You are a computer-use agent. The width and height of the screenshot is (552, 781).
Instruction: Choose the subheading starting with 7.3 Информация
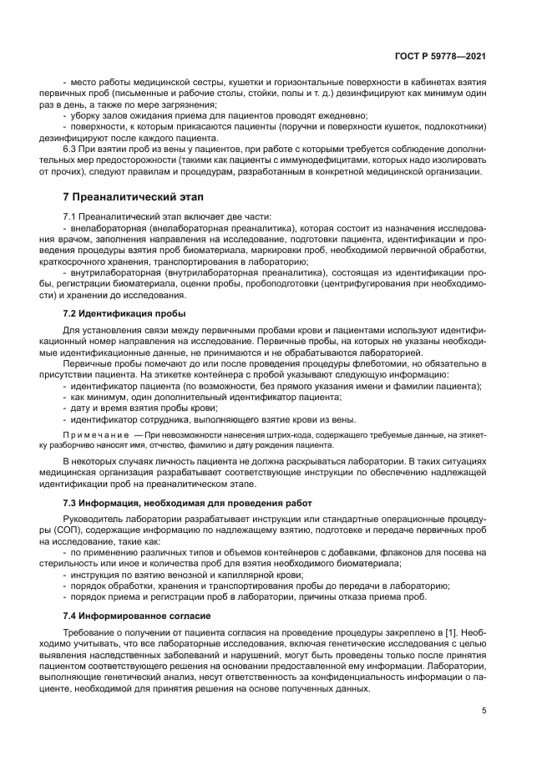pos(187,503)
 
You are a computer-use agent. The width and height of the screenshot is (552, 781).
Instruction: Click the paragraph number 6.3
pos(73,150)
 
